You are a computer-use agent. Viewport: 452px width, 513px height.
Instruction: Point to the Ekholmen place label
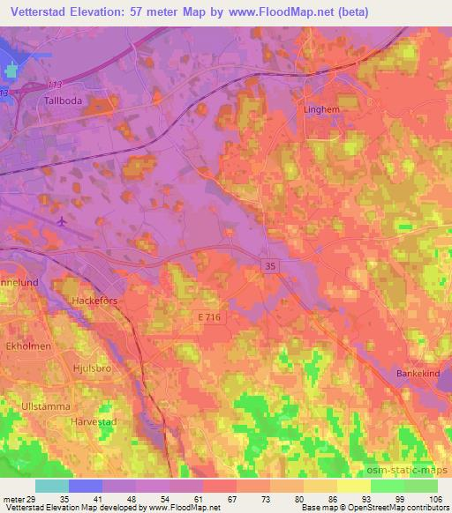(x=29, y=346)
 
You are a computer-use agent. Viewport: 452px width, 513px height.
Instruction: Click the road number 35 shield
(x=270, y=264)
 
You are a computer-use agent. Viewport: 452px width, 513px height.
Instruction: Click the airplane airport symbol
(x=61, y=221)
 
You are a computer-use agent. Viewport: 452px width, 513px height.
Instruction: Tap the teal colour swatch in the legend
(x=50, y=485)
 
